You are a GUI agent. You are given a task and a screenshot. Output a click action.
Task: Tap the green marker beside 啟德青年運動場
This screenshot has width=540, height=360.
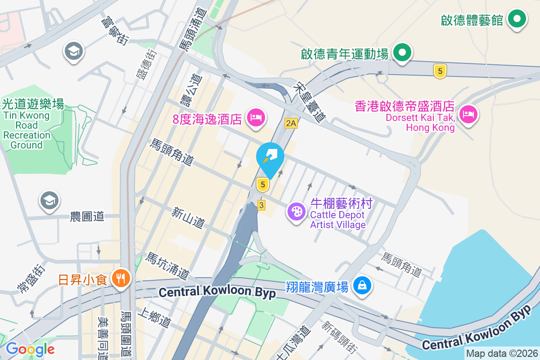coord(402,53)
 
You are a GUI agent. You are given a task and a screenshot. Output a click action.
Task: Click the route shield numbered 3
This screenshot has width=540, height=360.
coord(261,205)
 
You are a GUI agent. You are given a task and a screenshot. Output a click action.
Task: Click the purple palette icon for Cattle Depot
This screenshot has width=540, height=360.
coord(297,211)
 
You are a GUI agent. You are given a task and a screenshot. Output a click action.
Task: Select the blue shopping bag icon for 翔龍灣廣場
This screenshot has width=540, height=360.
coord(362,285)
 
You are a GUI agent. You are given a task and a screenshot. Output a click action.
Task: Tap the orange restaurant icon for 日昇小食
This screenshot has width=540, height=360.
coord(120,279)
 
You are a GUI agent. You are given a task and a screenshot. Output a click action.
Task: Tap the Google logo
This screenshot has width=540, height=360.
coord(30,349)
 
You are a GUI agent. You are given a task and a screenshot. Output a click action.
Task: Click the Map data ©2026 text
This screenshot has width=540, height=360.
coord(501,354)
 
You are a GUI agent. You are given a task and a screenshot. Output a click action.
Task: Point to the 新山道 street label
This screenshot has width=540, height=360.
coord(188,216)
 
